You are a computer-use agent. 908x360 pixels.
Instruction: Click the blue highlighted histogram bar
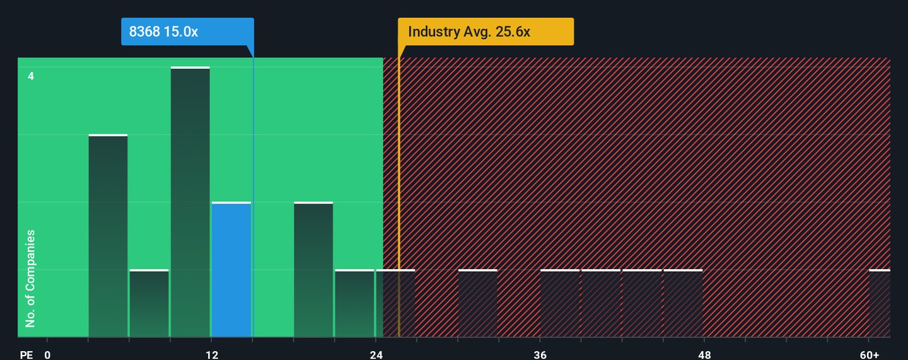tap(231, 269)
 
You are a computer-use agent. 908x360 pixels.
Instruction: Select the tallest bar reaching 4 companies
tap(190, 202)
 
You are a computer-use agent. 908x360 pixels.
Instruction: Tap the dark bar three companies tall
tap(108, 236)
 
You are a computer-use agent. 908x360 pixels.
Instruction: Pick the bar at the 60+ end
tap(880, 303)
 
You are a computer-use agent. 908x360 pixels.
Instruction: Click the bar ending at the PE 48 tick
tap(683, 303)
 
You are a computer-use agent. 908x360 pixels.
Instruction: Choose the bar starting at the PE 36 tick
tap(560, 303)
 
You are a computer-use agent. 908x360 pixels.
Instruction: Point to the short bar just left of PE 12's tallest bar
tap(149, 303)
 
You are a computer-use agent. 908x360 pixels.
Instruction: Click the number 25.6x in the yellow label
tap(513, 32)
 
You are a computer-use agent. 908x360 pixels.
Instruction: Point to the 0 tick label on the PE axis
tap(47, 355)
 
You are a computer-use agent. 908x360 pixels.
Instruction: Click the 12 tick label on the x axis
tap(212, 355)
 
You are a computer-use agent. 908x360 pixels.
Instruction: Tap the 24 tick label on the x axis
tap(376, 355)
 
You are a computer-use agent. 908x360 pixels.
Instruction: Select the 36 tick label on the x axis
tap(540, 355)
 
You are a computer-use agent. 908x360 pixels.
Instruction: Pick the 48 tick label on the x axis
tap(704, 355)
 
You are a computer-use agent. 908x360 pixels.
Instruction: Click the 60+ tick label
tap(870, 355)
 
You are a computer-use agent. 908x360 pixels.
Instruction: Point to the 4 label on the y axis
tap(31, 76)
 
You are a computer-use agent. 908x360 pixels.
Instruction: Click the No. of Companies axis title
tap(30, 279)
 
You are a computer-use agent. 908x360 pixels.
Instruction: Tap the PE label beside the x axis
tap(26, 355)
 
